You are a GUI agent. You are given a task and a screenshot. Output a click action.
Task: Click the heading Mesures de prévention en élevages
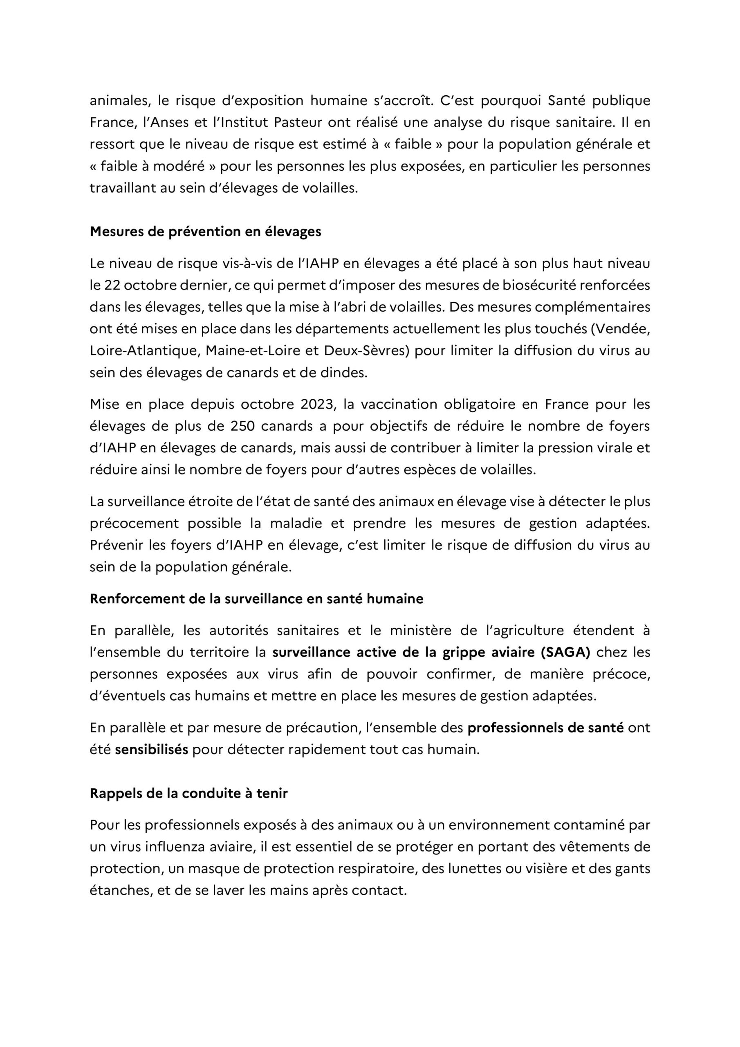coord(205,231)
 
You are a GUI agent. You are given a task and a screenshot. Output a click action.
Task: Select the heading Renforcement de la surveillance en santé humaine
coord(256,599)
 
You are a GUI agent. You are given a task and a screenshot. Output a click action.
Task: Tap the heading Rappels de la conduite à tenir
coord(189,793)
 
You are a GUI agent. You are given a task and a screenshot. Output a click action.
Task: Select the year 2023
coord(318,404)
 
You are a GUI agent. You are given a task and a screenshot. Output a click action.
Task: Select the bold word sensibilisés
coord(151,750)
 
